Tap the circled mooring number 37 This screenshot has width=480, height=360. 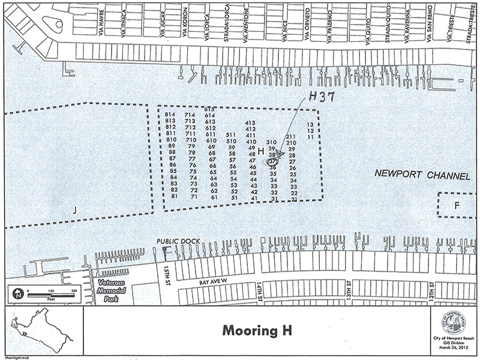tap(272, 161)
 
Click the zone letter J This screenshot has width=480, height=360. tap(75, 209)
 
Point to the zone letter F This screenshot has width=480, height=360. tap(457, 205)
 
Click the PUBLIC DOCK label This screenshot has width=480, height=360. tap(178, 241)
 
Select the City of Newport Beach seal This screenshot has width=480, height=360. tap(454, 325)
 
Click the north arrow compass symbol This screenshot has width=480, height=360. tap(18, 294)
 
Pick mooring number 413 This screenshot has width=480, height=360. tap(251, 123)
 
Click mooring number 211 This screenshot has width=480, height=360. tap(292, 137)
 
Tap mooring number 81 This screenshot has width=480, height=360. tap(175, 196)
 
